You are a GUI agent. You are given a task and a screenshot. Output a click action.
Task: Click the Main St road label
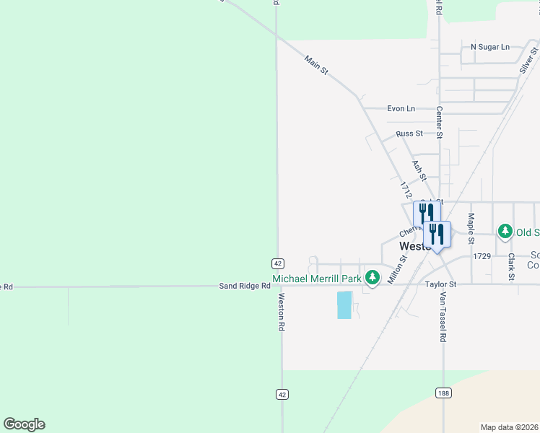(x=316, y=65)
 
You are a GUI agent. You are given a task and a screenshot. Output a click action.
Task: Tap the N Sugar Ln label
(x=489, y=47)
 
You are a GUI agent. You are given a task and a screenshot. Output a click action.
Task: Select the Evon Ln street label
(x=401, y=109)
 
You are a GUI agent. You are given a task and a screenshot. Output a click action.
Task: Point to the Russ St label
(x=409, y=134)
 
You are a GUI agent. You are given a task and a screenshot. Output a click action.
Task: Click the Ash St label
(x=419, y=170)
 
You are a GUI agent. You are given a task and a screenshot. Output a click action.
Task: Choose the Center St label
(x=439, y=122)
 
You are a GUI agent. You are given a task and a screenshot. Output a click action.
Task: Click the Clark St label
(x=510, y=266)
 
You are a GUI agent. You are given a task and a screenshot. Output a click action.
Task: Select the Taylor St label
(x=441, y=285)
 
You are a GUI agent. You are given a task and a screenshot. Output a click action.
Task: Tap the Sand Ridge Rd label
(x=245, y=287)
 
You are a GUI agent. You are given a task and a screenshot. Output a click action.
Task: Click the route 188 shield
(x=443, y=393)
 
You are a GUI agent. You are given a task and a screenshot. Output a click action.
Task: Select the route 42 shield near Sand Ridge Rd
(x=279, y=263)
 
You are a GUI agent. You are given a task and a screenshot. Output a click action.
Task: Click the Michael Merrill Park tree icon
(x=373, y=278)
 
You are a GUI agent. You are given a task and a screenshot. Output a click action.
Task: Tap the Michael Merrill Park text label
(x=316, y=279)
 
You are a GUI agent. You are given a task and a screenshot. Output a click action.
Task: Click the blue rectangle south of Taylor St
(x=345, y=305)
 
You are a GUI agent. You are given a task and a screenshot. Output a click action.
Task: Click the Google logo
(x=24, y=424)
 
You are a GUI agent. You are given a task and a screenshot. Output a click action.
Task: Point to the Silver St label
(x=528, y=61)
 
